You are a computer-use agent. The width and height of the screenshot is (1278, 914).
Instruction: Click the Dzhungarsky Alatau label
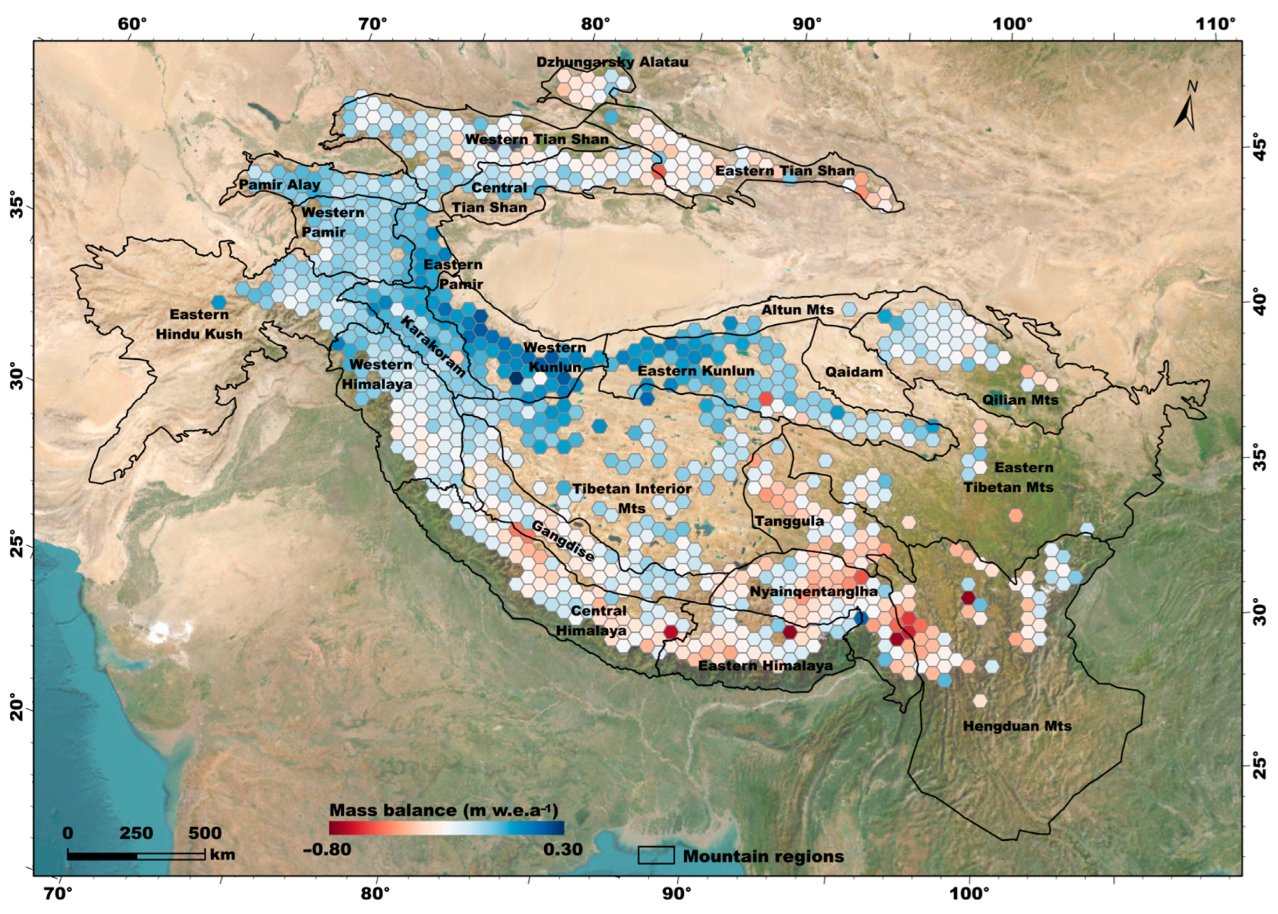(612, 62)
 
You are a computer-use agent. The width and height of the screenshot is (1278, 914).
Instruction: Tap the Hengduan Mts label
(1017, 726)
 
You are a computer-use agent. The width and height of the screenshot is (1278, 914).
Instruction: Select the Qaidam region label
(853, 372)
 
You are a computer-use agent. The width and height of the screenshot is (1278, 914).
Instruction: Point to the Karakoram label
(433, 346)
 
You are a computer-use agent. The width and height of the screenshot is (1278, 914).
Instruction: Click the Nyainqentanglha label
(814, 591)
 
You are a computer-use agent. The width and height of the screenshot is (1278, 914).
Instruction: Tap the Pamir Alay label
(279, 185)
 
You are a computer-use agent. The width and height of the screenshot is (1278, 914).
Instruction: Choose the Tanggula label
(789, 521)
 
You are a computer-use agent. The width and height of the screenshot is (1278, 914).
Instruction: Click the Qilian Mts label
(1020, 400)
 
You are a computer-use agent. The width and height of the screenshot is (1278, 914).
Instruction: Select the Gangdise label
(562, 541)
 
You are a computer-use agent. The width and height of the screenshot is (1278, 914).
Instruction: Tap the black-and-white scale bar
(136, 855)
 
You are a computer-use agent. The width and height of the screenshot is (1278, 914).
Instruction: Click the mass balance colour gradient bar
(446, 827)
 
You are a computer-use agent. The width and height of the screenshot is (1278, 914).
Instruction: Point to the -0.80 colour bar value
(327, 849)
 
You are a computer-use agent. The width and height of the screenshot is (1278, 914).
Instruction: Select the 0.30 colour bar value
(562, 849)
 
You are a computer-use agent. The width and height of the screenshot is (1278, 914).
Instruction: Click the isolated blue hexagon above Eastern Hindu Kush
(218, 302)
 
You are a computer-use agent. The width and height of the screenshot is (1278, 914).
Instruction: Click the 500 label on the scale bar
(204, 833)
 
